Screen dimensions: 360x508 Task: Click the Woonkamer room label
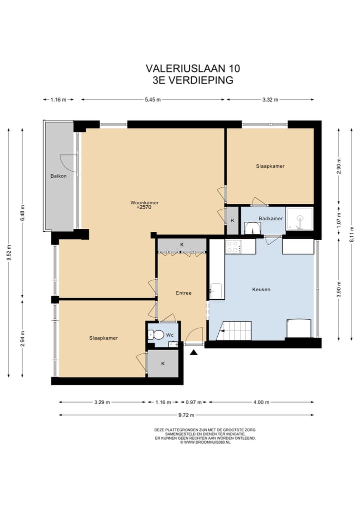pyautogui.click(x=144, y=203)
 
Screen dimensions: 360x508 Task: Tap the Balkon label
pyautogui.click(x=58, y=176)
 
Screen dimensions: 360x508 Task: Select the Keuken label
pyautogui.click(x=261, y=289)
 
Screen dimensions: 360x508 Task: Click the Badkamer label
pyautogui.click(x=270, y=219)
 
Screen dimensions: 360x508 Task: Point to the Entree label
pyautogui.click(x=183, y=293)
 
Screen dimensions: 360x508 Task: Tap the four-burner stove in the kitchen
pyautogui.click(x=233, y=247)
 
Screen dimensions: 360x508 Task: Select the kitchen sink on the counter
pyautogui.click(x=216, y=291)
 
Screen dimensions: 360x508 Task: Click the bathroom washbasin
pyautogui.click(x=252, y=228)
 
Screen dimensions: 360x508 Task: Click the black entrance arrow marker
pyautogui.click(x=193, y=353)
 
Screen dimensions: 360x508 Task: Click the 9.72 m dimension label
pyautogui.click(x=186, y=415)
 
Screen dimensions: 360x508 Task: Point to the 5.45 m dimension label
pyautogui.click(x=153, y=100)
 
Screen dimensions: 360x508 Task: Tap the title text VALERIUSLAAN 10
pyautogui.click(x=193, y=69)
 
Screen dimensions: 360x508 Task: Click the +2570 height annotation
pyautogui.click(x=144, y=207)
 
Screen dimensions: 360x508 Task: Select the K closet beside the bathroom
pyautogui.click(x=232, y=221)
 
